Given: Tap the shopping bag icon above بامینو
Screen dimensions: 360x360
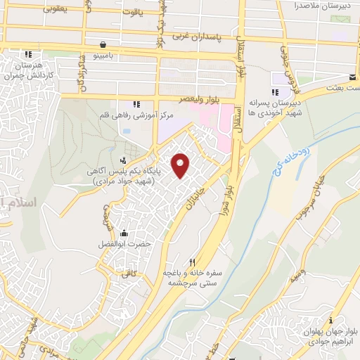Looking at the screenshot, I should (x=103, y=44).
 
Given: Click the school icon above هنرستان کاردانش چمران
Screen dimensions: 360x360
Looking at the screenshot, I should (x=28, y=54).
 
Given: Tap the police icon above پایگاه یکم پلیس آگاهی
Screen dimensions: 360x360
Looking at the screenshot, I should (x=124, y=160).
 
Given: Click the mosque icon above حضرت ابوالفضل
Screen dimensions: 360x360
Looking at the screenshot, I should (x=124, y=234).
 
